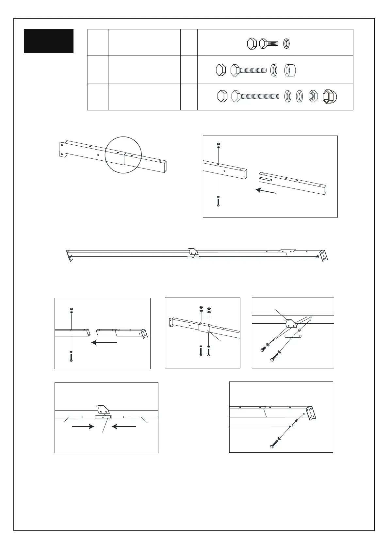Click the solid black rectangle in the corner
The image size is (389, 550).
click(x=49, y=41)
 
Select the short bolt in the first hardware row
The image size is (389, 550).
click(x=268, y=43)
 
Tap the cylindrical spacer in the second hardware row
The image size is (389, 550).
click(x=290, y=70)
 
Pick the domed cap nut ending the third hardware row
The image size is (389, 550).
click(x=330, y=97)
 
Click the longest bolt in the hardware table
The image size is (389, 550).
click(x=255, y=96)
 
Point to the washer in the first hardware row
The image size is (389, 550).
click(x=286, y=43)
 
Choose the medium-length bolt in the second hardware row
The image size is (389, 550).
click(x=249, y=70)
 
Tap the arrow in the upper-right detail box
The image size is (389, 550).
click(x=266, y=191)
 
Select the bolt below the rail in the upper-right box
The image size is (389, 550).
click(x=218, y=201)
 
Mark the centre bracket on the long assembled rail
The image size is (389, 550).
click(x=193, y=252)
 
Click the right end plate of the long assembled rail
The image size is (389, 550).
click(x=324, y=255)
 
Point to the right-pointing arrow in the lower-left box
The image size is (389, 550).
click(x=83, y=427)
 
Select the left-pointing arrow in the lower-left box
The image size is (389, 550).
click(x=124, y=427)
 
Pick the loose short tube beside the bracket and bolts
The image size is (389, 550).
click(x=293, y=336)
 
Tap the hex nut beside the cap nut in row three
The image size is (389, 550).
click(x=313, y=97)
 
